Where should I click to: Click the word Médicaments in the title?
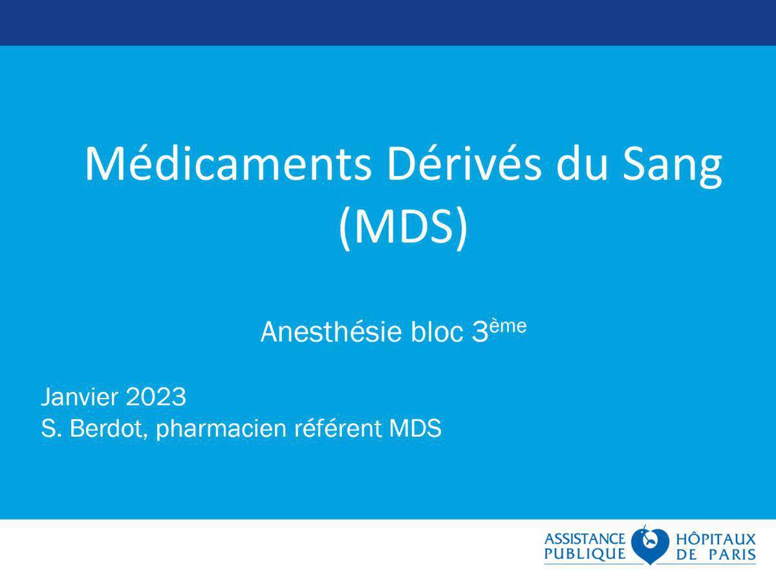[228, 165]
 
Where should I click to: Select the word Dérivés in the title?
[464, 165]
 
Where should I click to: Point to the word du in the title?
[581, 165]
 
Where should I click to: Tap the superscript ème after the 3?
[508, 326]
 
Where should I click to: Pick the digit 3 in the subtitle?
[480, 332]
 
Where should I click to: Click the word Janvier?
[80, 397]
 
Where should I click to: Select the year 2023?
[156, 397]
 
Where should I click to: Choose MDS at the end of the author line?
[415, 428]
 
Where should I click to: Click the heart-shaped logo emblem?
[650, 545]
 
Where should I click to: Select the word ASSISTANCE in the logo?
[585, 539]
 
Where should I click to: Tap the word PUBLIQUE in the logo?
[585, 554]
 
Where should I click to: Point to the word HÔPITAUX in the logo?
[716, 538]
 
